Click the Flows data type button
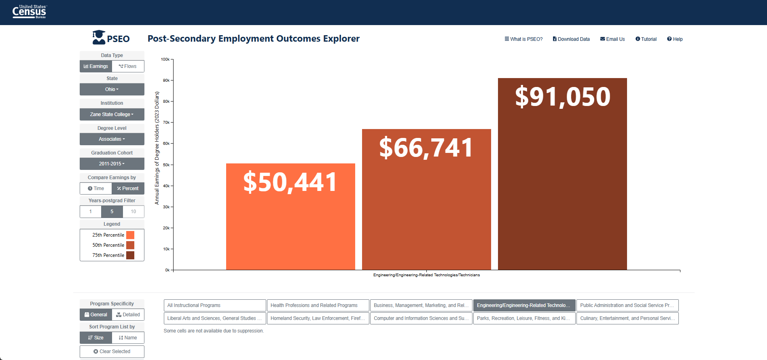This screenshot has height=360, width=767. [x=128, y=66]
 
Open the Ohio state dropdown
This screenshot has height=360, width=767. [x=112, y=89]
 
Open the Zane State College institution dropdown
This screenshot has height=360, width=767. [x=112, y=114]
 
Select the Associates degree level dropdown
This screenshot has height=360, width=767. [x=112, y=139]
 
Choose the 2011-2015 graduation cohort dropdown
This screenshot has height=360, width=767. [x=112, y=164]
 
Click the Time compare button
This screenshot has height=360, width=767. [x=96, y=188]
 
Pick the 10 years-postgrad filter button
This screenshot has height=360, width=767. [x=133, y=212]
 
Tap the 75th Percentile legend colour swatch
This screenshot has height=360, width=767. [x=130, y=255]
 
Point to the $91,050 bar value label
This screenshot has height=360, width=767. [x=563, y=97]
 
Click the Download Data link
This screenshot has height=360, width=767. [x=571, y=39]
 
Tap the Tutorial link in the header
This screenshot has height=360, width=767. [x=646, y=39]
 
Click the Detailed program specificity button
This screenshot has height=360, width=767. [x=128, y=315]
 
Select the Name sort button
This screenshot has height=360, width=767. [x=128, y=338]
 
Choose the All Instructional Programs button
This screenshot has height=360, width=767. [x=215, y=305]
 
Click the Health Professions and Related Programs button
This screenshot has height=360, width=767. [x=318, y=305]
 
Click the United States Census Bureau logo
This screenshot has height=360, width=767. [x=30, y=12]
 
